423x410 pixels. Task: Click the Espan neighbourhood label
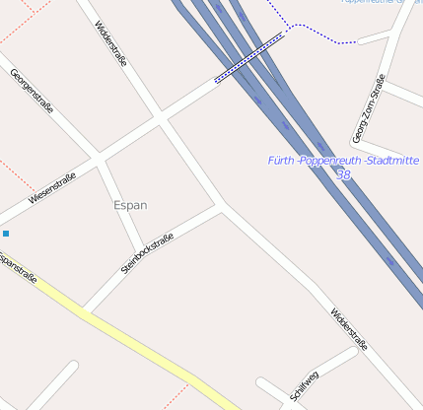[130, 205]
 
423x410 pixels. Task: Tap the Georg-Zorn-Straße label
[367, 109]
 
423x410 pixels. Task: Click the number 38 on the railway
[342, 174]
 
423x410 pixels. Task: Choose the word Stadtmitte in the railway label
[391, 160]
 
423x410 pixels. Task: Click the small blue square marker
[6, 234]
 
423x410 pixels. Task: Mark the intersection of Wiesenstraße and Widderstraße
[161, 117]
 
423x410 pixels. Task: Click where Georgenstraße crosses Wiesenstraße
[98, 158]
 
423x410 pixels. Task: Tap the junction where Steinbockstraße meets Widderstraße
[221, 206]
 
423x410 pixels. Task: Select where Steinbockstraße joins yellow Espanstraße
[87, 311]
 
